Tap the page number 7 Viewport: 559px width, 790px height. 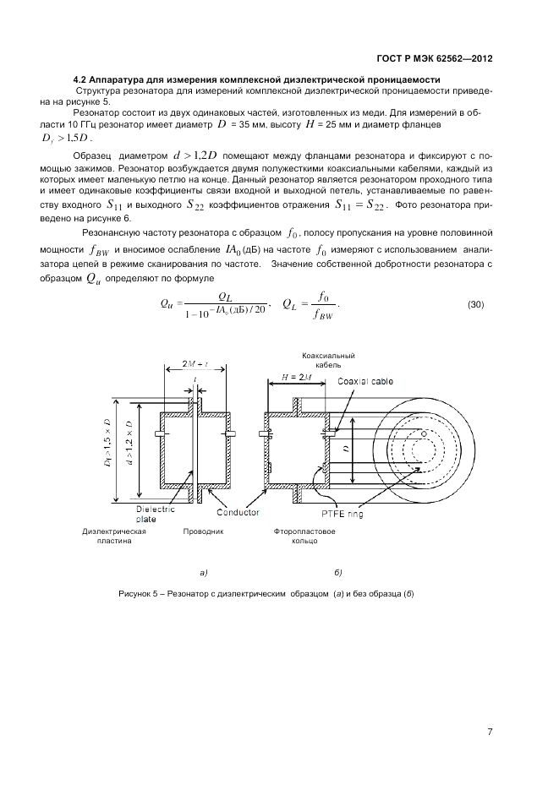490,731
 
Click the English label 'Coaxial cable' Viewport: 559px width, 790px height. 365,381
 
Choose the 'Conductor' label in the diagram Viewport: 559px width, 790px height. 238,512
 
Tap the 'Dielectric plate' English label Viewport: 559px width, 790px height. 156,515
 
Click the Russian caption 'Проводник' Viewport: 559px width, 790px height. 203,532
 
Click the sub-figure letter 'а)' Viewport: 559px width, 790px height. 203,573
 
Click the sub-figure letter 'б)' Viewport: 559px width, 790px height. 315,573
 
